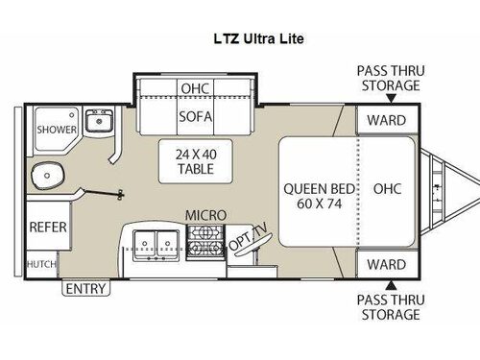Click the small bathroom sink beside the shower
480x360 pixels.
(96, 122)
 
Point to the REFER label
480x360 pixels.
(46, 228)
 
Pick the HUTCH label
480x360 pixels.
(40, 262)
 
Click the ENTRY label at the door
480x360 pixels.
(86, 287)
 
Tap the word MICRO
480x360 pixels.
(205, 215)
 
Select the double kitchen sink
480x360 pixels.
(154, 245)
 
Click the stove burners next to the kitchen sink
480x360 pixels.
(203, 248)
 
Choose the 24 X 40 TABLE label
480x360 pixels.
(195, 161)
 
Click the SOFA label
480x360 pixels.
(194, 117)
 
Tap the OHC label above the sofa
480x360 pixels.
(194, 89)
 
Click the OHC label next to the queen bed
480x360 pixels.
(389, 189)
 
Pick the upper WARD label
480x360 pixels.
(387, 120)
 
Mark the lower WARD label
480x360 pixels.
(387, 263)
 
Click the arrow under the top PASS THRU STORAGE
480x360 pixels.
(388, 98)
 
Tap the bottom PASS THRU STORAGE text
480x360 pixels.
(389, 308)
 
